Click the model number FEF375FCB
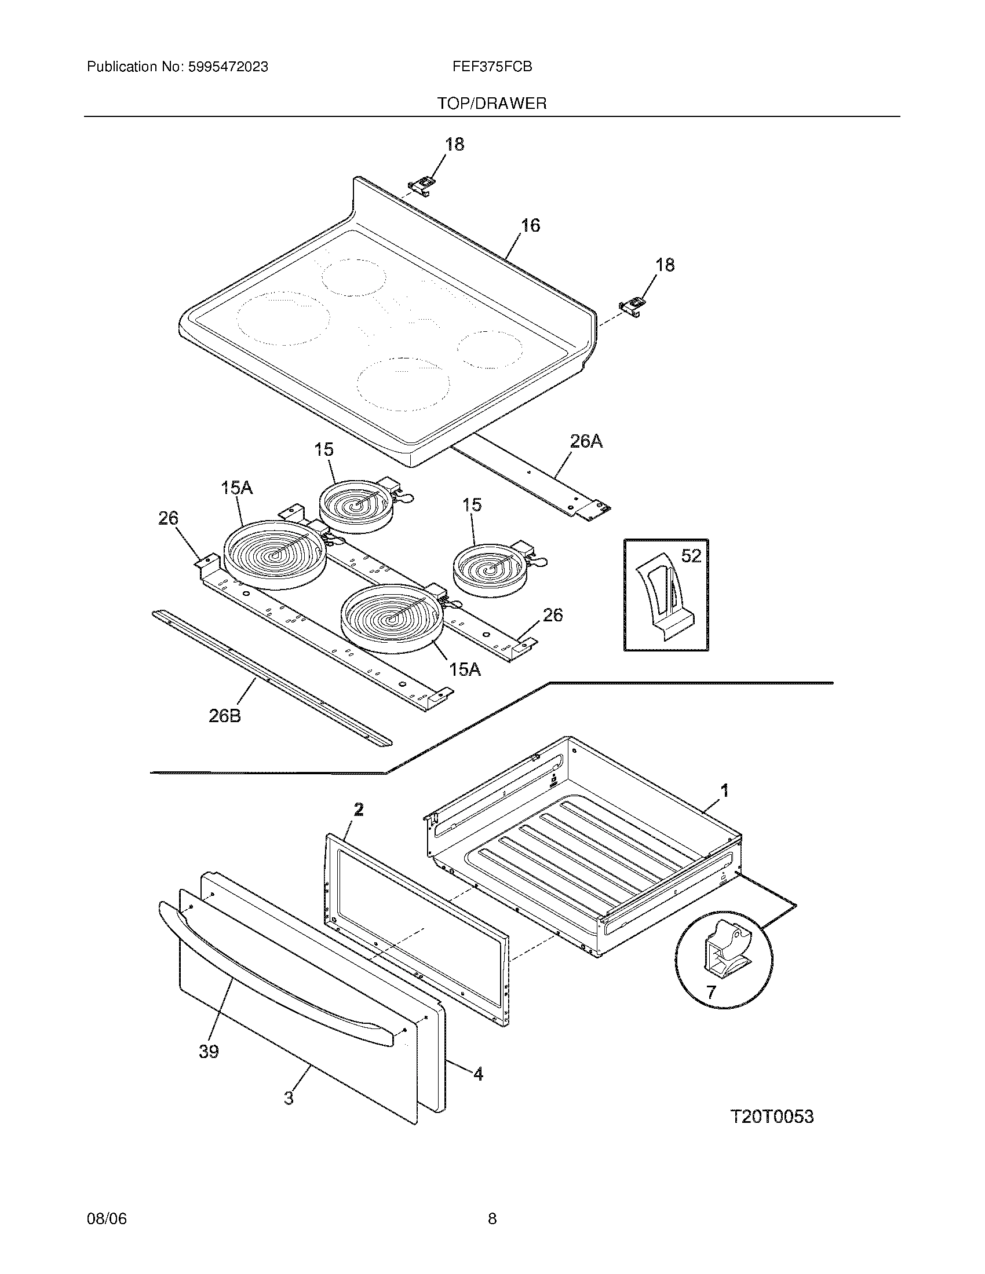coord(491,67)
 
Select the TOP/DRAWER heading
coord(492,104)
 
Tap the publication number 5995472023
coord(228,67)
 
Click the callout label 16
coord(530,225)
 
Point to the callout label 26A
coord(586,442)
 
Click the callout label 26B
coord(225,716)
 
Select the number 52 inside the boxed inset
coord(691,556)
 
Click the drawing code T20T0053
coord(771,1117)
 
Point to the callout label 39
coord(209,1051)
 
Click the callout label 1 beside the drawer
coord(724,792)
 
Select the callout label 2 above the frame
coord(358,809)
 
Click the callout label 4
coord(477,1074)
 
